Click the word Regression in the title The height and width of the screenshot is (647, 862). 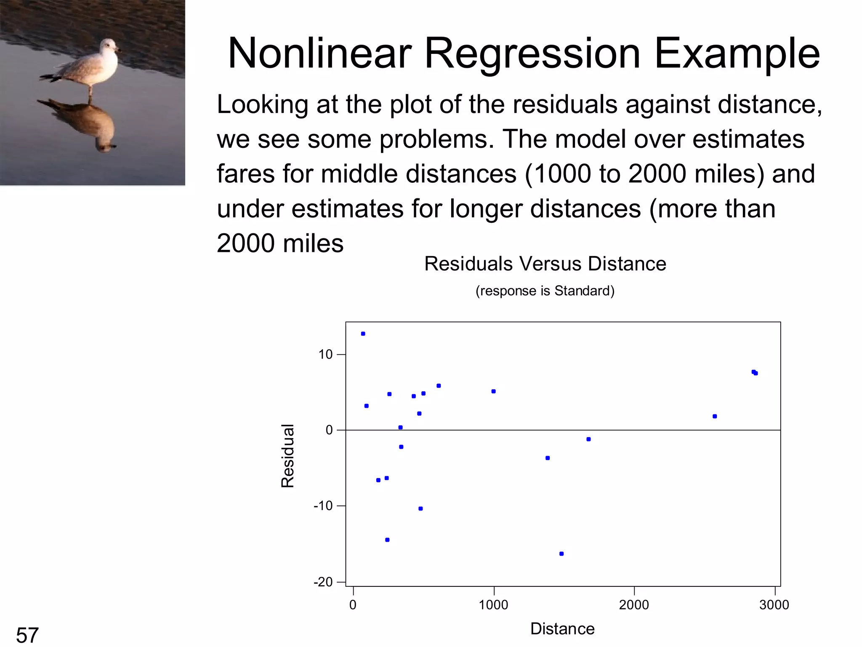point(532,53)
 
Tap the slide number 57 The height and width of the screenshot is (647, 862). point(27,635)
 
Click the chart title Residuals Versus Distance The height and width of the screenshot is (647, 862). point(545,264)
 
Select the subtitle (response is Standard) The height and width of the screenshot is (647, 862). point(545,291)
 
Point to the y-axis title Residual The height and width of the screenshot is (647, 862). point(287,456)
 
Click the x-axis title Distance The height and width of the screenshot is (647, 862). point(562,629)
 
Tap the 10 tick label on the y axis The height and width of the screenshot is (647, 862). point(325,355)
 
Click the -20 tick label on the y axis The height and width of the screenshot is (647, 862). point(323,582)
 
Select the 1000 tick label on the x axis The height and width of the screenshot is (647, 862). point(493,605)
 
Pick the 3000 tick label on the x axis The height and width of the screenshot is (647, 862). point(774,605)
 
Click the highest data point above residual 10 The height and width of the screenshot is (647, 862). point(363,334)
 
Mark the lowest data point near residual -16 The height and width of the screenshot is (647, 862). point(561,554)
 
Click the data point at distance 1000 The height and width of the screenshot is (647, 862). point(494,391)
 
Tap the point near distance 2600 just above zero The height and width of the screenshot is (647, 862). point(715,416)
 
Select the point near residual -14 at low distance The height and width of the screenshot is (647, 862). point(387,540)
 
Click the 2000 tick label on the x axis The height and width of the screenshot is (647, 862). point(634,605)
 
